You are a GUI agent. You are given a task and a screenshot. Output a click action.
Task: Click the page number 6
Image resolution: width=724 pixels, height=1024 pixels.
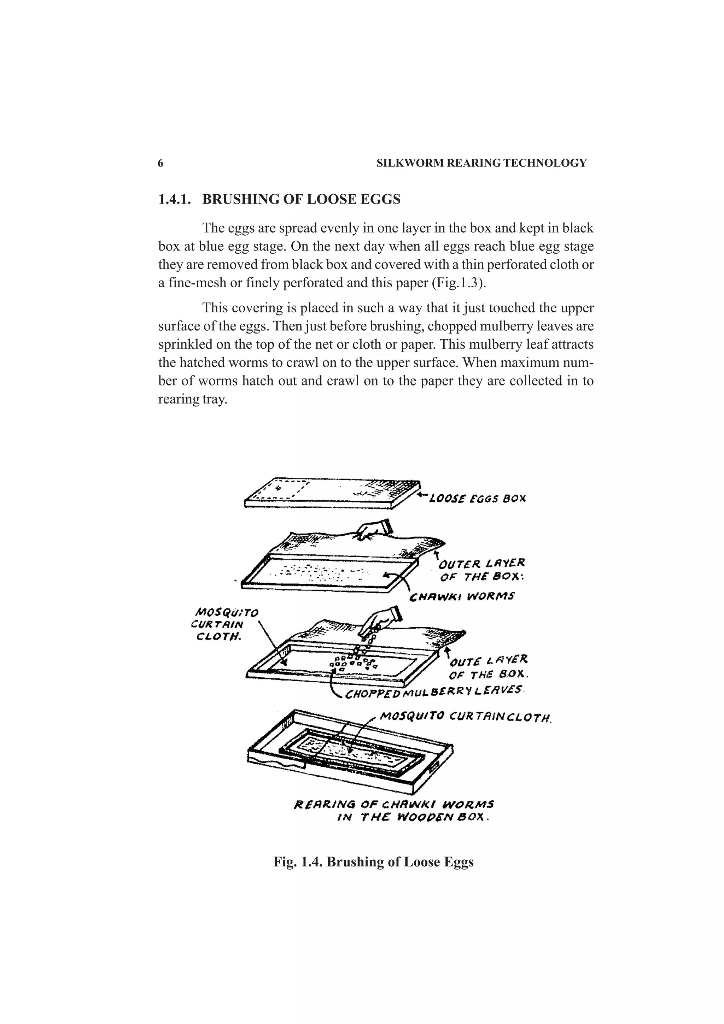point(160,163)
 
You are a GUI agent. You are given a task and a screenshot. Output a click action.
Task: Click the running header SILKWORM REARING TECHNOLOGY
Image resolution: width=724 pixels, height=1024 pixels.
point(481,163)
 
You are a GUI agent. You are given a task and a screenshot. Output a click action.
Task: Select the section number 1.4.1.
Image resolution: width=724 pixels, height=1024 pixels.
point(174,199)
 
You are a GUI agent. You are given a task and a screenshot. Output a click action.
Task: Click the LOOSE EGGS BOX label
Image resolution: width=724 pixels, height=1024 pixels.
point(477,499)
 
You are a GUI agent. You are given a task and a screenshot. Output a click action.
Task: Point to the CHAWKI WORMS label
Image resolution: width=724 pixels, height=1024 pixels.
point(462,596)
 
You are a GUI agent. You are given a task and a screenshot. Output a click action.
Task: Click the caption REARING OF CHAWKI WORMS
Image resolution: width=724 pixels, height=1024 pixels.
point(394,805)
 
